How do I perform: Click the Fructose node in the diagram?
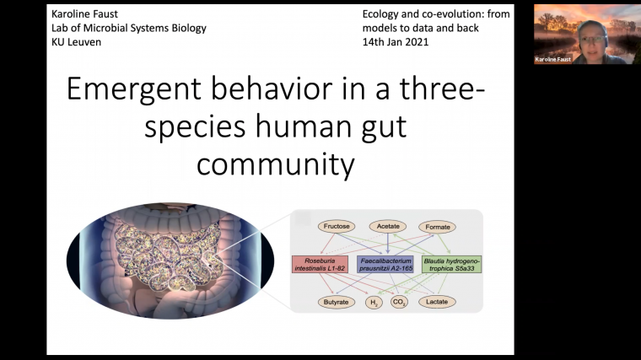click(x=335, y=227)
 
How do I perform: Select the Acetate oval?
click(x=387, y=227)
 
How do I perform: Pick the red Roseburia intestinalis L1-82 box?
click(x=320, y=265)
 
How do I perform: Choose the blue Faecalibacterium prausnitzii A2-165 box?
click(x=385, y=265)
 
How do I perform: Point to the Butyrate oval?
click(x=335, y=301)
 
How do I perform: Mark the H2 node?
click(x=373, y=301)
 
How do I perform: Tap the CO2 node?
click(x=400, y=301)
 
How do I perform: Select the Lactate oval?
click(x=437, y=301)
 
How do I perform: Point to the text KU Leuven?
click(x=75, y=41)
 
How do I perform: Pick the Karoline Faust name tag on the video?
click(x=552, y=60)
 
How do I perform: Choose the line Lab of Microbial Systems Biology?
click(x=128, y=28)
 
